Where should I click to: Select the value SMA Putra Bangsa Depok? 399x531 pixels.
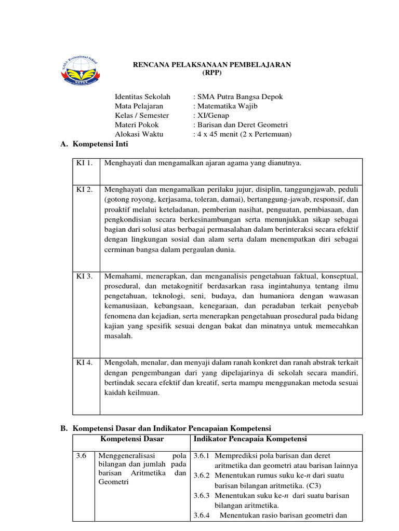[238, 97]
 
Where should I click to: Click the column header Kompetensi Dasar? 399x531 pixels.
[132, 439]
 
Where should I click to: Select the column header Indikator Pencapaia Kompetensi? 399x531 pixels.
[250, 439]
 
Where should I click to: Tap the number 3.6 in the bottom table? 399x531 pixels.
[81, 456]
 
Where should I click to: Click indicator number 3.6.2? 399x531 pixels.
[201, 476]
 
